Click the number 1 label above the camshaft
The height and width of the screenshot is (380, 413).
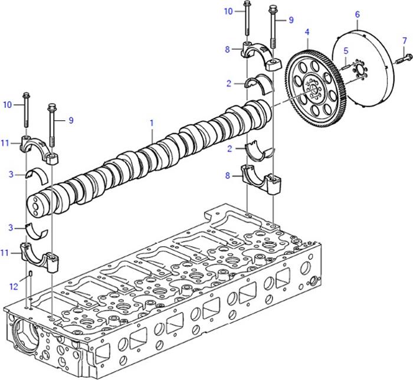(152, 123)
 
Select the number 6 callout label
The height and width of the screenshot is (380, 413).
(357, 13)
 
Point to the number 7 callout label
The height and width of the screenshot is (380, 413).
(404, 40)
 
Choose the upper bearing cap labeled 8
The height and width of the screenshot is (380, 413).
(261, 57)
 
